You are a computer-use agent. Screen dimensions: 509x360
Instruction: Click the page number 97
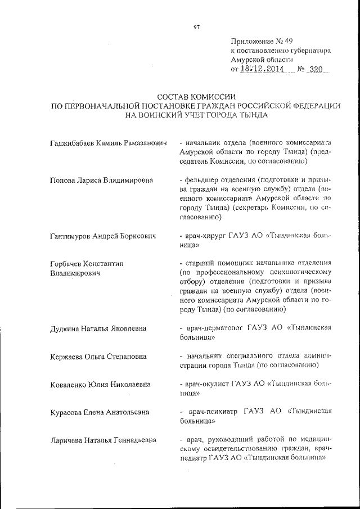pos(196,26)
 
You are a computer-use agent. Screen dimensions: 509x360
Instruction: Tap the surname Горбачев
pos(69,263)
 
